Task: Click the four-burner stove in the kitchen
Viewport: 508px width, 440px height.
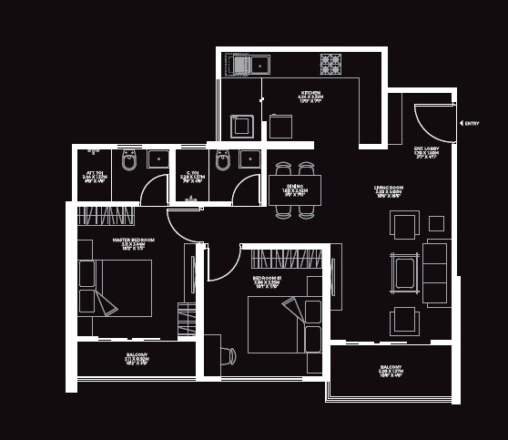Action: (x=330, y=64)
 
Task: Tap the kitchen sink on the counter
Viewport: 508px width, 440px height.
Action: (x=250, y=65)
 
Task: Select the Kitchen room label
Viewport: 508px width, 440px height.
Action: (x=311, y=96)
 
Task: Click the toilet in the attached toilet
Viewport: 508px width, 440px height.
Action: (x=128, y=161)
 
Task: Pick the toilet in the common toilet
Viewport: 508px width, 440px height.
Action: (x=223, y=161)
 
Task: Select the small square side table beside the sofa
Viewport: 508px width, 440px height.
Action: (x=436, y=223)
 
